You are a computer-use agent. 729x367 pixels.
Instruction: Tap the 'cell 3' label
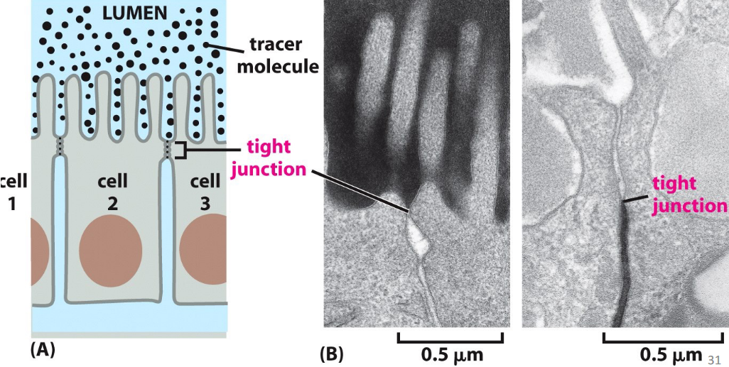[x=205, y=192]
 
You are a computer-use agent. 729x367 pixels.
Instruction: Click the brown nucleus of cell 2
[x=110, y=252]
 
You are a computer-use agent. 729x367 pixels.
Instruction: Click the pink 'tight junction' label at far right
[x=688, y=195]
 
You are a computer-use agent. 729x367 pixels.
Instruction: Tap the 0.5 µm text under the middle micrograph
[x=450, y=352]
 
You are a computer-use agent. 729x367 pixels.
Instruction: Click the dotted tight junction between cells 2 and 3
[x=168, y=149]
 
